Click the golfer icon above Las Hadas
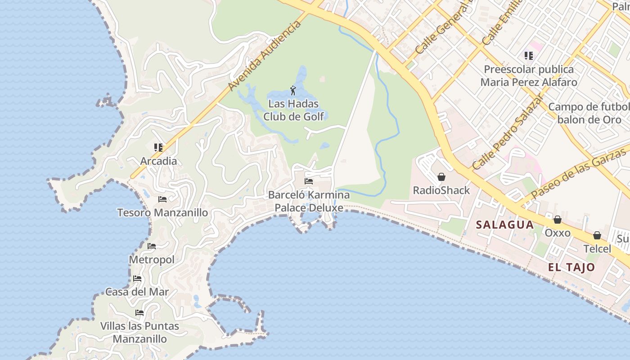click(293, 90)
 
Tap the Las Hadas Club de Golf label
click(293, 110)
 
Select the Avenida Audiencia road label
click(265, 55)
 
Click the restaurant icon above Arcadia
click(158, 147)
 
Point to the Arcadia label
click(158, 161)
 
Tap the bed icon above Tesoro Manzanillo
click(162, 199)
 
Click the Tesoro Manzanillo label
click(162, 212)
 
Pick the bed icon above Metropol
click(152, 246)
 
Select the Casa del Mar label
click(137, 292)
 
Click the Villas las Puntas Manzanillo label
click(139, 332)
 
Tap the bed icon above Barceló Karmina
click(309, 181)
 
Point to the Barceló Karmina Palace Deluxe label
click(309, 201)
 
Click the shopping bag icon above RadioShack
click(441, 177)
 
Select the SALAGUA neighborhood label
click(504, 225)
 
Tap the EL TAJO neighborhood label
click(571, 267)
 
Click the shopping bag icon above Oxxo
click(558, 220)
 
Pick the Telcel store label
click(597, 249)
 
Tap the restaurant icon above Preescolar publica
click(528, 56)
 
